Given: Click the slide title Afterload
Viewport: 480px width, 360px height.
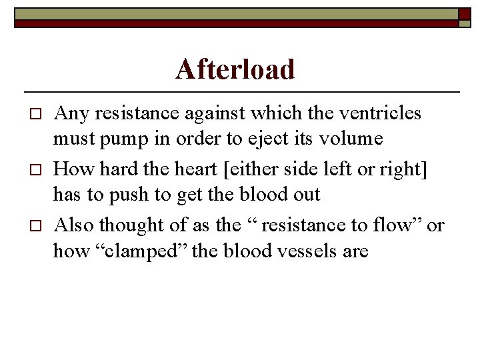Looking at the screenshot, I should (x=235, y=69).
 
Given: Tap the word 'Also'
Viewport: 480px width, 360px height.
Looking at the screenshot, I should (x=74, y=225).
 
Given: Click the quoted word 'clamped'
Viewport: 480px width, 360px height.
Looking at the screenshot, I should (x=151, y=251).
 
